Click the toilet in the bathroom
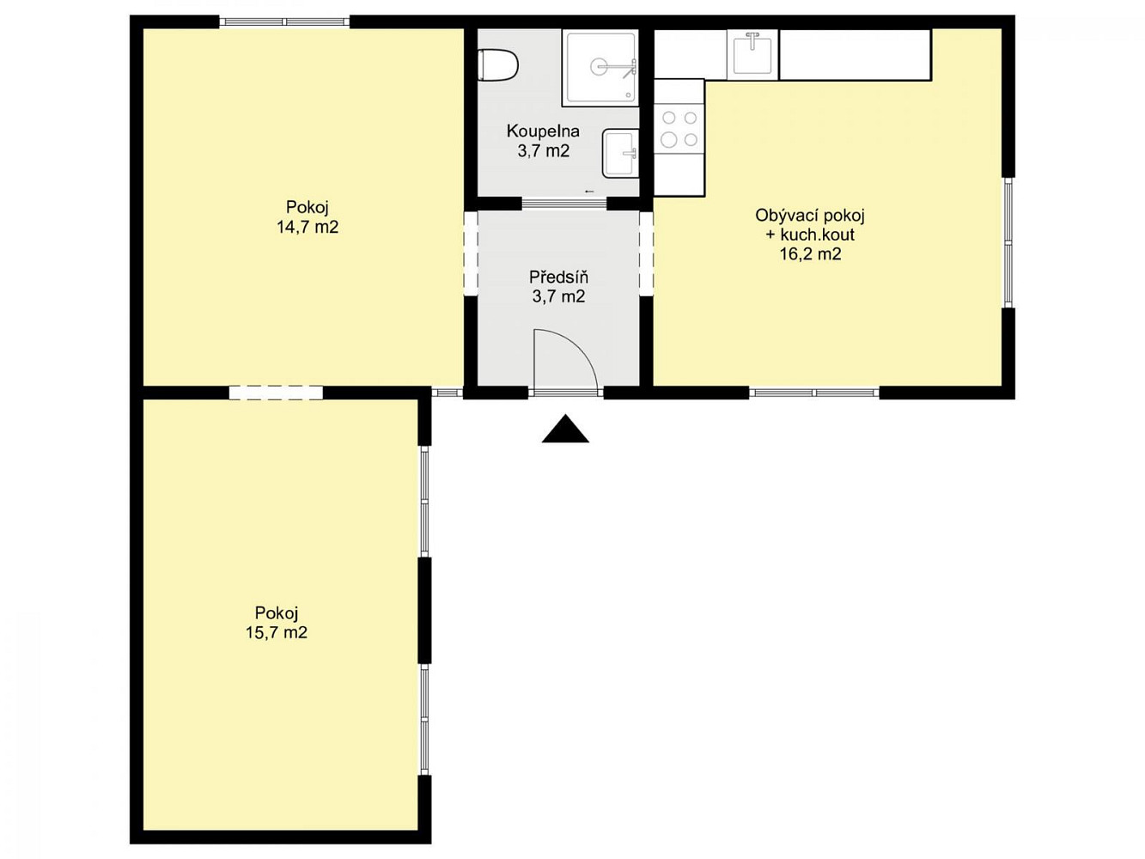pos(497,65)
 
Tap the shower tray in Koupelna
pos(600,68)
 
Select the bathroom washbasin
pos(621,154)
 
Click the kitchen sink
pos(752,54)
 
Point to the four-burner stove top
pos(679,129)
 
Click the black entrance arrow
pos(565,429)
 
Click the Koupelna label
pos(543,131)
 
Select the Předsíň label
pos(558,277)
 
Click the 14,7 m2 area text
pos(308,228)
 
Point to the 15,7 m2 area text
pos(277,632)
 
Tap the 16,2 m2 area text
pos(811,254)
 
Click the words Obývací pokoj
pos(810,216)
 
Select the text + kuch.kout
pos(810,235)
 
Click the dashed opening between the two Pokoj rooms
pos(276,393)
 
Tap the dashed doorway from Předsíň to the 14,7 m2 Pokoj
pos(471,253)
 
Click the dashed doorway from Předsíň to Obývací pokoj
pos(646,253)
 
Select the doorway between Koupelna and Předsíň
pos(565,204)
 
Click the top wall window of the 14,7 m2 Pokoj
pos(284,22)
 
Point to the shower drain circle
pos(600,66)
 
